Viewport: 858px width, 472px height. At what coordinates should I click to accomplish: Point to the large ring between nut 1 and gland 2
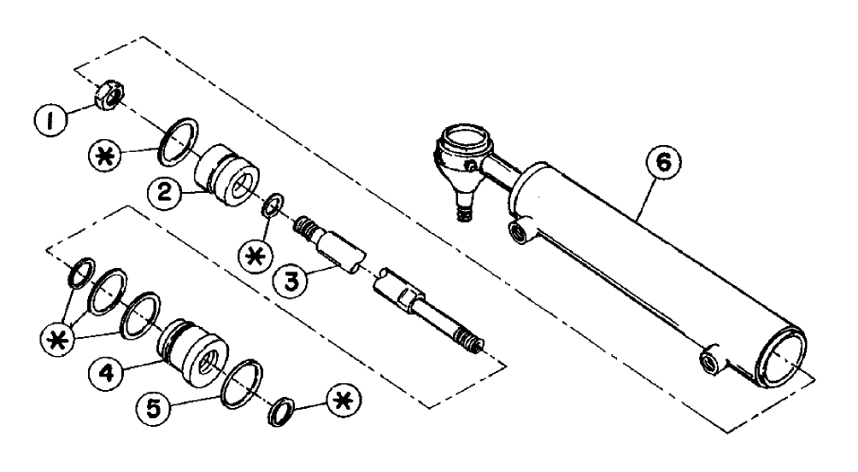point(178,137)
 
